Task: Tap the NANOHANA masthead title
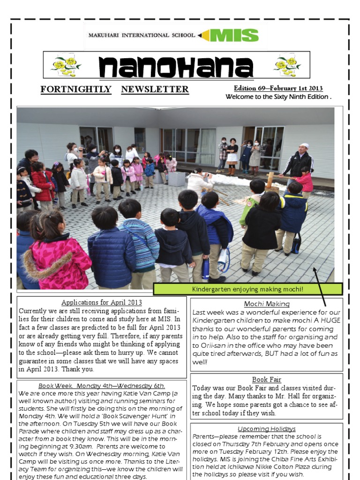click(x=176, y=67)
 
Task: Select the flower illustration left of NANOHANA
click(x=65, y=66)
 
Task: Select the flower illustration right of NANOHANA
click(x=287, y=66)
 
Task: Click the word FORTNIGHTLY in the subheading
click(x=76, y=90)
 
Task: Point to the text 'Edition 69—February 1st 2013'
click(x=278, y=89)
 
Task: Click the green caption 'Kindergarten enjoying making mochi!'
click(x=247, y=289)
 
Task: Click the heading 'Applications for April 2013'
click(x=102, y=302)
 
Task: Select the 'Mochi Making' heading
click(x=267, y=304)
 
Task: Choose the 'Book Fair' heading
click(x=267, y=379)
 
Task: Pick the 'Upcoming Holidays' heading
click(x=267, y=428)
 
